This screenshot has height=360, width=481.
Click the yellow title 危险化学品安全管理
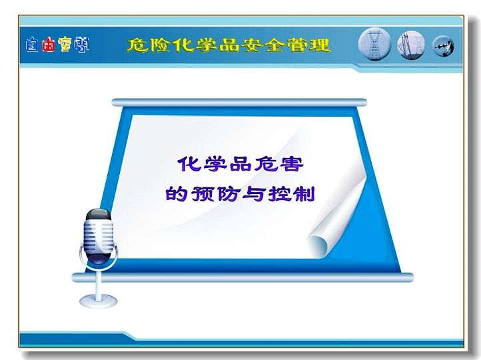(229, 45)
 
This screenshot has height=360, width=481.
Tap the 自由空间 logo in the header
(58, 45)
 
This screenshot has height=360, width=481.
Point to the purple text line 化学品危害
(240, 164)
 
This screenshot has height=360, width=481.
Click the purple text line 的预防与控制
(240, 194)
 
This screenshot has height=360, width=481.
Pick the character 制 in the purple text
(304, 194)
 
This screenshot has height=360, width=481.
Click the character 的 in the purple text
(177, 194)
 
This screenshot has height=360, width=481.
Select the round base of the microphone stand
(99, 301)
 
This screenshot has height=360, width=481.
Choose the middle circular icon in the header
(411, 45)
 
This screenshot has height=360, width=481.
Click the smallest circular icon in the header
(443, 47)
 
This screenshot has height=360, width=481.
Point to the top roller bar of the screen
(239, 102)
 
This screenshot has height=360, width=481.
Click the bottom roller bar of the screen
(242, 277)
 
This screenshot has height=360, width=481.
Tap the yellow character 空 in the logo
(66, 45)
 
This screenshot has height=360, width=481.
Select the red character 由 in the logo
(49, 45)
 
